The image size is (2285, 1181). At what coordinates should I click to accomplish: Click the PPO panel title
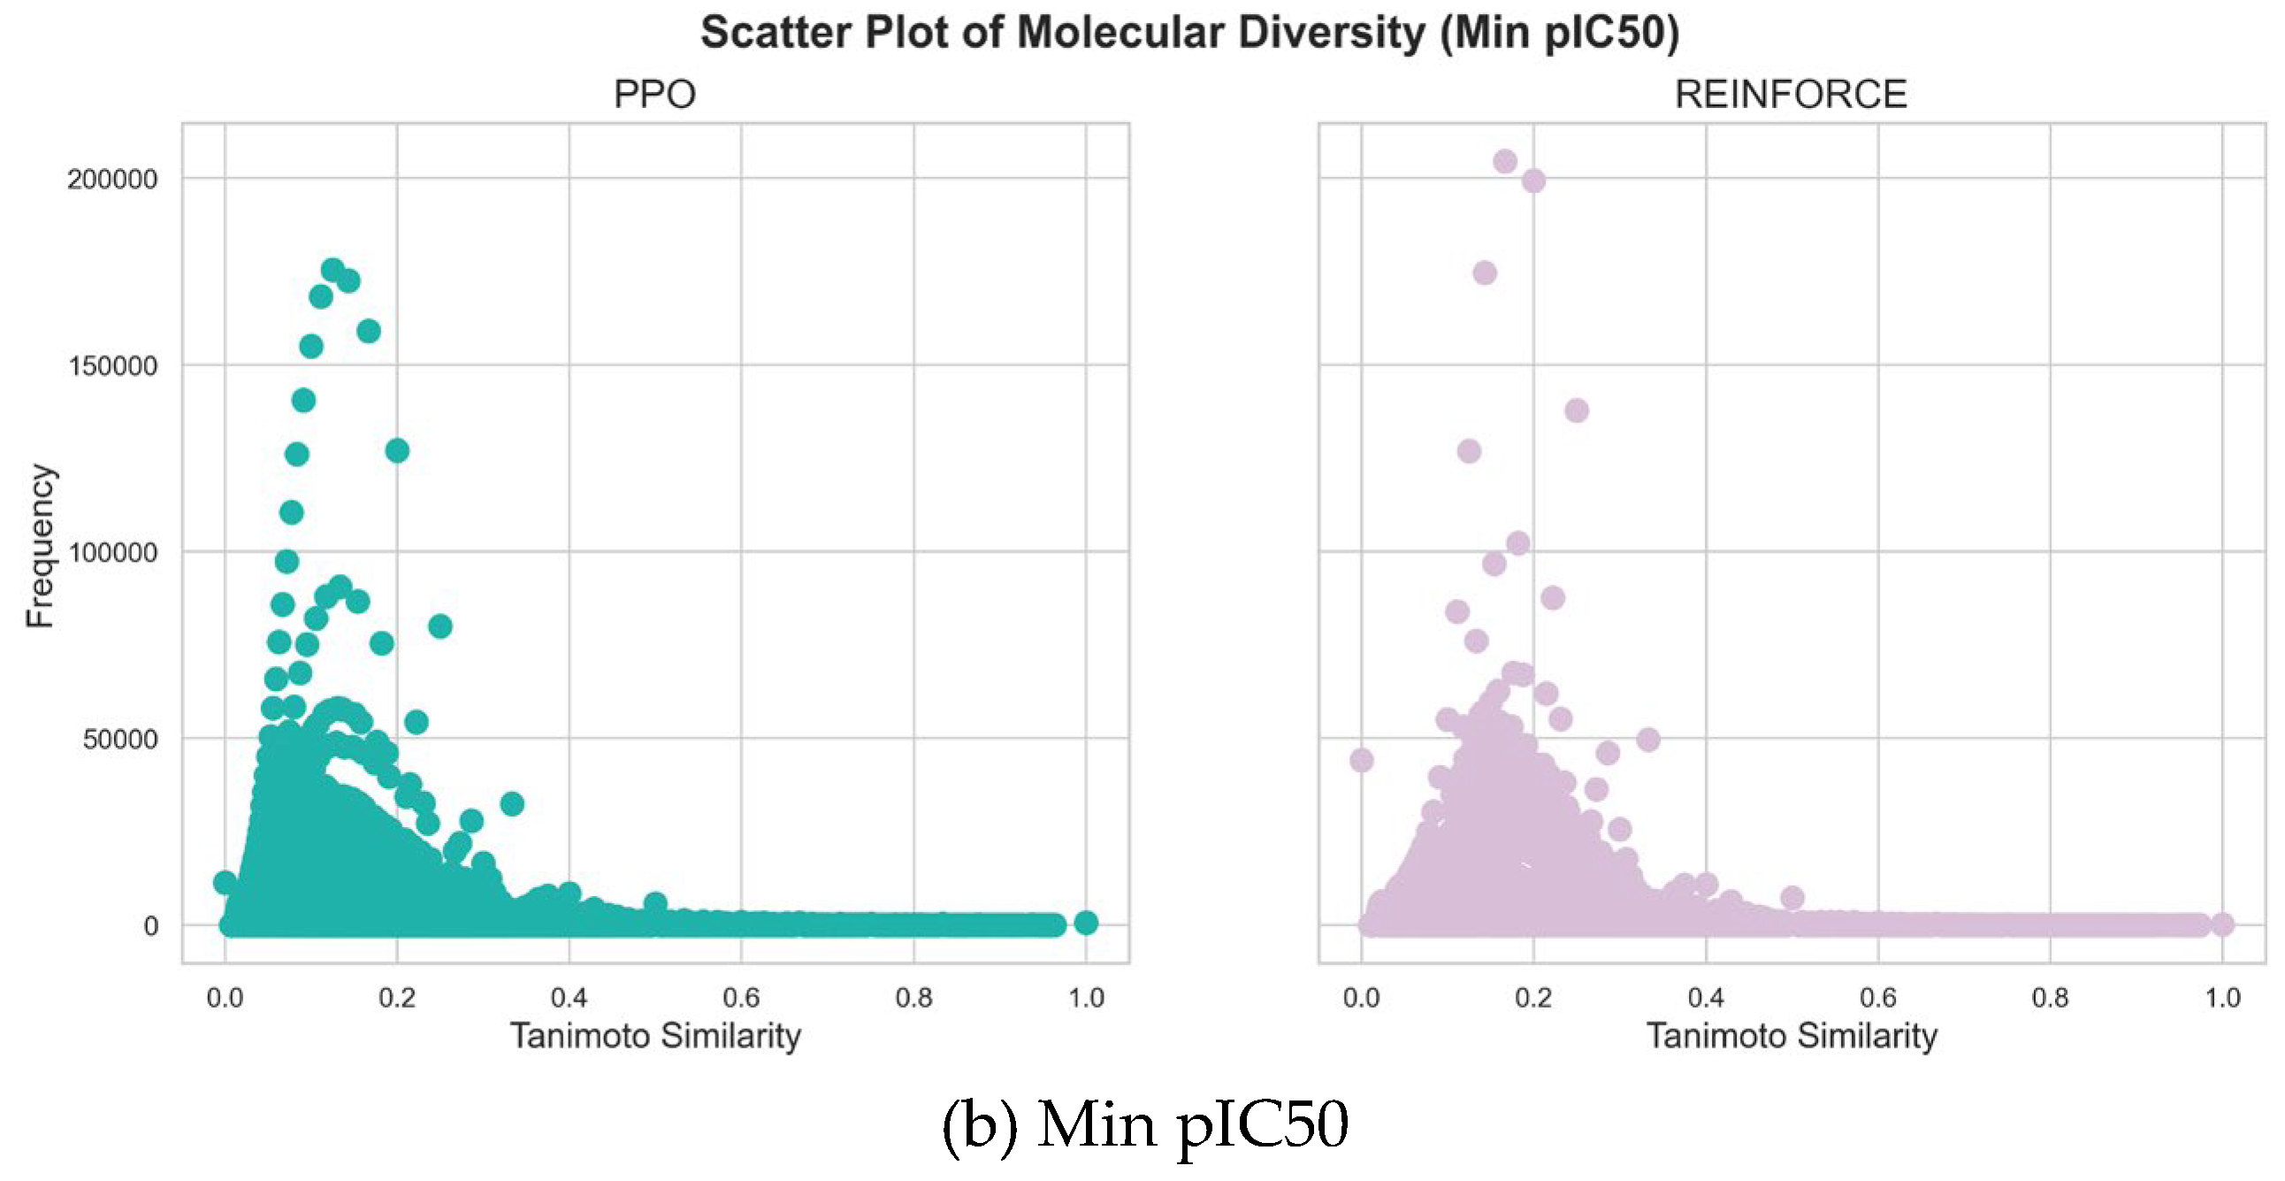point(654,94)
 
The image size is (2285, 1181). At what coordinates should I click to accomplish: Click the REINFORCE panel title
point(1790,94)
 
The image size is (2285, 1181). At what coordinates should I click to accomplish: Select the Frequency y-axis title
point(41,546)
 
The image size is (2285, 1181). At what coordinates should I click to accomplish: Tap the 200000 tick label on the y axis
point(111,180)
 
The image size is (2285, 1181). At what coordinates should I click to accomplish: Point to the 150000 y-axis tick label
point(111,365)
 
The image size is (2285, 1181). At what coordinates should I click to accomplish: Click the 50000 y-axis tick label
point(118,740)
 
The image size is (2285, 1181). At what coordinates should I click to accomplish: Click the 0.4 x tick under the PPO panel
point(569,998)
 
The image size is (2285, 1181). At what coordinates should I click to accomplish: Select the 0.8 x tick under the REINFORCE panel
point(2049,998)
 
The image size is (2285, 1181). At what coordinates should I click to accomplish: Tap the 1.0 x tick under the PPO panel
point(1086,998)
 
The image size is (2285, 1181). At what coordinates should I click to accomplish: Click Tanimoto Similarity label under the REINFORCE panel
point(1791,1036)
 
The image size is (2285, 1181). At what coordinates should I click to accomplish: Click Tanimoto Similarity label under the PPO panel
point(654,1036)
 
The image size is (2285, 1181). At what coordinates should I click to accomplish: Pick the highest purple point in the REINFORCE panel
point(1505,162)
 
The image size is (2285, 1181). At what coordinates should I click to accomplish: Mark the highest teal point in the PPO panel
point(332,270)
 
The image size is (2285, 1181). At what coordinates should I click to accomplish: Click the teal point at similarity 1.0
point(1086,923)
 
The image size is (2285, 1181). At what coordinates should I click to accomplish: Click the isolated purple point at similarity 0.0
point(1362,761)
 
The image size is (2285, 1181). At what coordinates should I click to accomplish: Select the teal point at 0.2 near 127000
point(397,451)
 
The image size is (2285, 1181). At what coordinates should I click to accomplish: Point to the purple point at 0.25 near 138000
point(1577,410)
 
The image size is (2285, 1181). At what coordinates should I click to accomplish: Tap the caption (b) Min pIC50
point(1144,1125)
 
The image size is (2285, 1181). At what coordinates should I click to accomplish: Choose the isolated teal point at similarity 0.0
point(225,882)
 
